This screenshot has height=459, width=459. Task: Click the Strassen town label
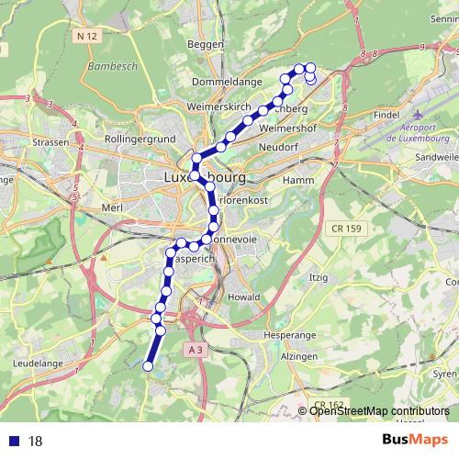(50, 143)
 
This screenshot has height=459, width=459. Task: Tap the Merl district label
(113, 208)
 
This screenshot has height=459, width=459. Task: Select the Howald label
(243, 298)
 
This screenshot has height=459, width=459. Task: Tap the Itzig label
(319, 276)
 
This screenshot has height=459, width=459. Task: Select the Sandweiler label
(437, 158)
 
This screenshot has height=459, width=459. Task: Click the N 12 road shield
(87, 36)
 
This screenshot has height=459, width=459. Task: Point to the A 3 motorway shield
(194, 351)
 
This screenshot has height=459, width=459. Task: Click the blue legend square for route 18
(14, 442)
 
